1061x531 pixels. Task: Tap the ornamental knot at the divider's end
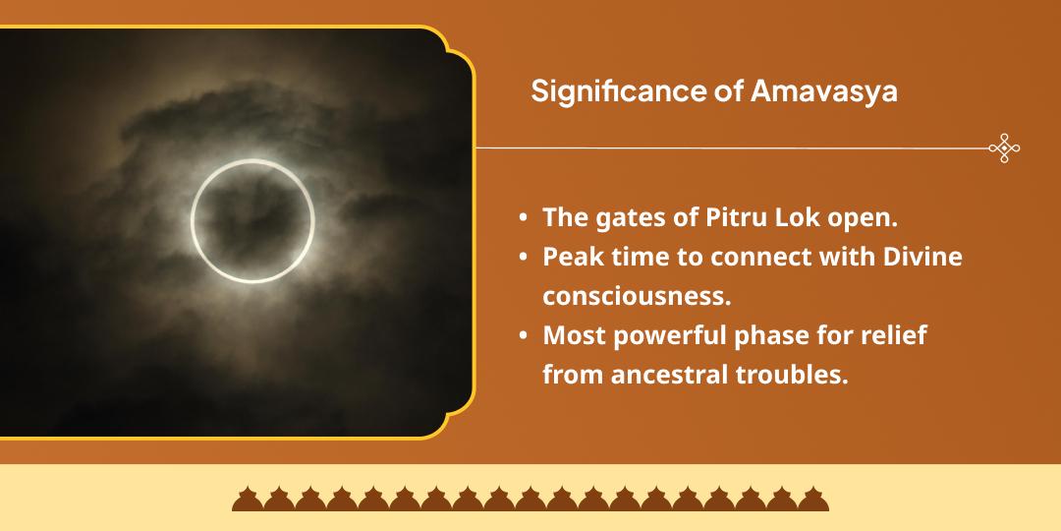point(1004,148)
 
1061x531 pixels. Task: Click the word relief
point(896,335)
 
